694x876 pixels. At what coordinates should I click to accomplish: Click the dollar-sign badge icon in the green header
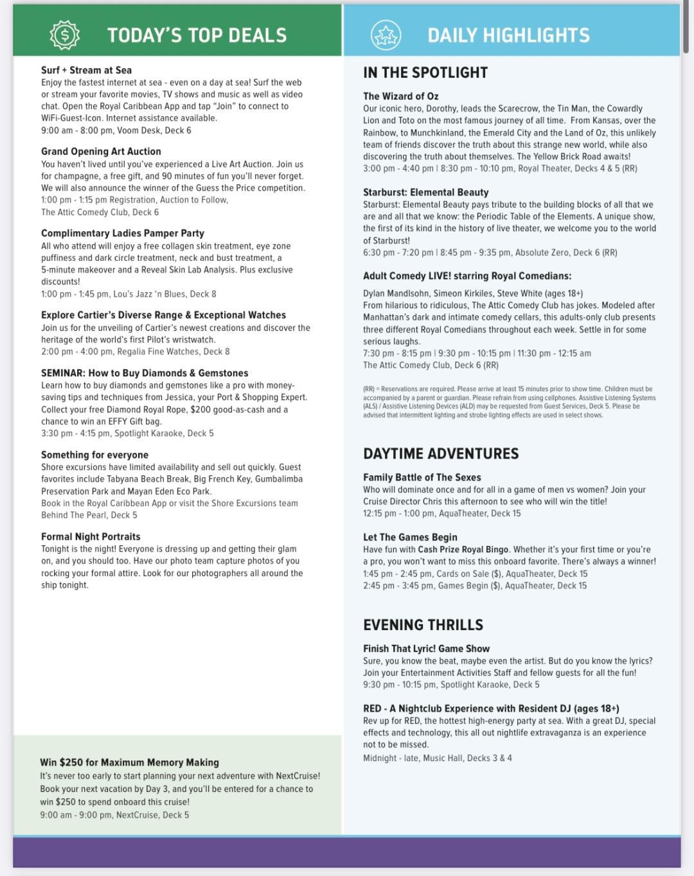pos(64,35)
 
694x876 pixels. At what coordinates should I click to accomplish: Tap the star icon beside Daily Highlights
pos(386,35)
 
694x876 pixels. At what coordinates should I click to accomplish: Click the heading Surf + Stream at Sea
pos(86,70)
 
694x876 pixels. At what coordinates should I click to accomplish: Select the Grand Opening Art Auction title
pos(101,152)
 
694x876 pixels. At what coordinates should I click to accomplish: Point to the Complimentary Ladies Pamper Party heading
pos(122,233)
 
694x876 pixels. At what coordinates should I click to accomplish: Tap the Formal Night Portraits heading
pos(90,537)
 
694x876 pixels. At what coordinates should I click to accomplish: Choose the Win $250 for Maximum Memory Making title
pos(129,762)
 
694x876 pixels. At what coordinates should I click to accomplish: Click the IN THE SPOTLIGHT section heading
pos(425,73)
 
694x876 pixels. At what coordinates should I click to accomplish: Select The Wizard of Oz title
pos(400,96)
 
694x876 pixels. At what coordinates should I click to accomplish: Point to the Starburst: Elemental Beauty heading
pos(425,192)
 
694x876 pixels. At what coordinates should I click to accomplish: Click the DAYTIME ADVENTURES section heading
pos(440,453)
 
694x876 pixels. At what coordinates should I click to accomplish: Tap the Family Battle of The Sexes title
pos(422,477)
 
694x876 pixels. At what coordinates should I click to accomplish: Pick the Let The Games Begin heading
pos(410,537)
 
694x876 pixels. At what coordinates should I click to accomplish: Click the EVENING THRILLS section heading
pos(423,625)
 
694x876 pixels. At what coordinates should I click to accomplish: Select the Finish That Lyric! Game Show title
pos(426,649)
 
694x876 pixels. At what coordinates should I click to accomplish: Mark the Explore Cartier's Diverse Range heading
pos(163,315)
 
